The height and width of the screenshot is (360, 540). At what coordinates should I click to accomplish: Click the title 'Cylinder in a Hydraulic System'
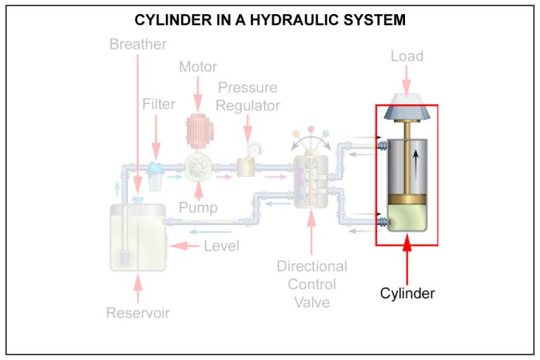tap(270, 20)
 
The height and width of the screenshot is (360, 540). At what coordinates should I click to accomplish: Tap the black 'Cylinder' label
tap(407, 293)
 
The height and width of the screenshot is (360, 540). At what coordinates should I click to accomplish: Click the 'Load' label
tap(407, 56)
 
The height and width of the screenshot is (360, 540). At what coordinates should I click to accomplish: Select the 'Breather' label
tap(138, 44)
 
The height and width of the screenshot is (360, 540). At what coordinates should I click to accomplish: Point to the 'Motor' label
tap(198, 67)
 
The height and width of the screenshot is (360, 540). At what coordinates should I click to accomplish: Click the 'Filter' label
tap(158, 104)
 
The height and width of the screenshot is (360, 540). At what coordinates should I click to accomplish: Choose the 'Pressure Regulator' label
tap(247, 97)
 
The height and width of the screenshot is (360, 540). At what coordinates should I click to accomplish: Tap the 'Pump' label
tap(198, 208)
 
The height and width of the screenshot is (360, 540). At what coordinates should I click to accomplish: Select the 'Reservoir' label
tap(138, 313)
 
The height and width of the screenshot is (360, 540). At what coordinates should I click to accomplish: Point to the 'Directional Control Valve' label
tap(311, 284)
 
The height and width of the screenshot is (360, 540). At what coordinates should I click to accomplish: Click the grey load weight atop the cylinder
tap(407, 105)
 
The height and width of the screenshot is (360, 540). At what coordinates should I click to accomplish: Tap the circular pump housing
tap(198, 167)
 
